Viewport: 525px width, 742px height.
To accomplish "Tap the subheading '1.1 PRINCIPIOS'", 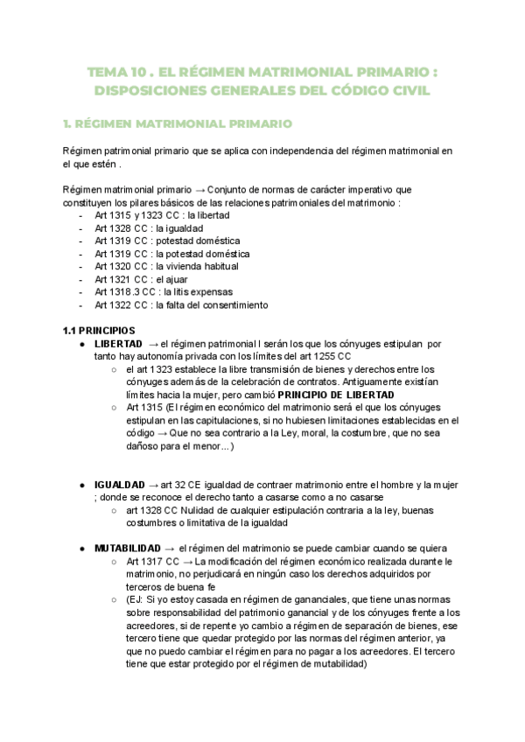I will [98, 331].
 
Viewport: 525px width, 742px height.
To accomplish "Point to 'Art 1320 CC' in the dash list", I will [122, 266].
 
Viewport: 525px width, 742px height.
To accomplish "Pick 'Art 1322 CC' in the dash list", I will [122, 304].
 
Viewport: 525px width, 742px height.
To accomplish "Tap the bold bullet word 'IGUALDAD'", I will [120, 484].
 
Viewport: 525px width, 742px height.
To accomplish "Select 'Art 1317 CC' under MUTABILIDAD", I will [153, 561].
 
